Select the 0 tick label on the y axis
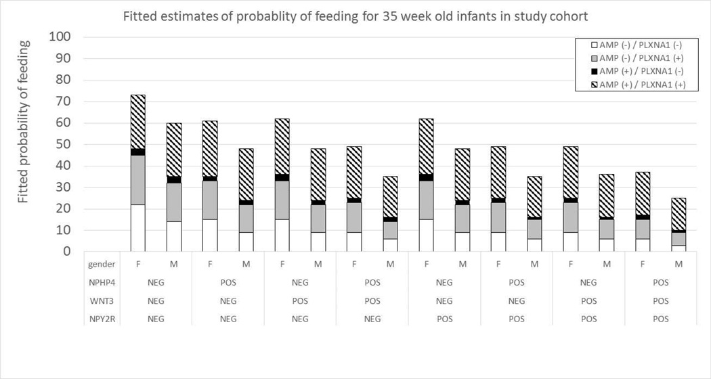click(66, 252)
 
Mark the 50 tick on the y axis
click(64, 144)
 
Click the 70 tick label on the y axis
click(64, 102)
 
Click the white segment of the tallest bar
click(137, 228)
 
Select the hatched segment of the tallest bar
click(137, 121)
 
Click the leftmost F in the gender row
click(137, 264)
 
